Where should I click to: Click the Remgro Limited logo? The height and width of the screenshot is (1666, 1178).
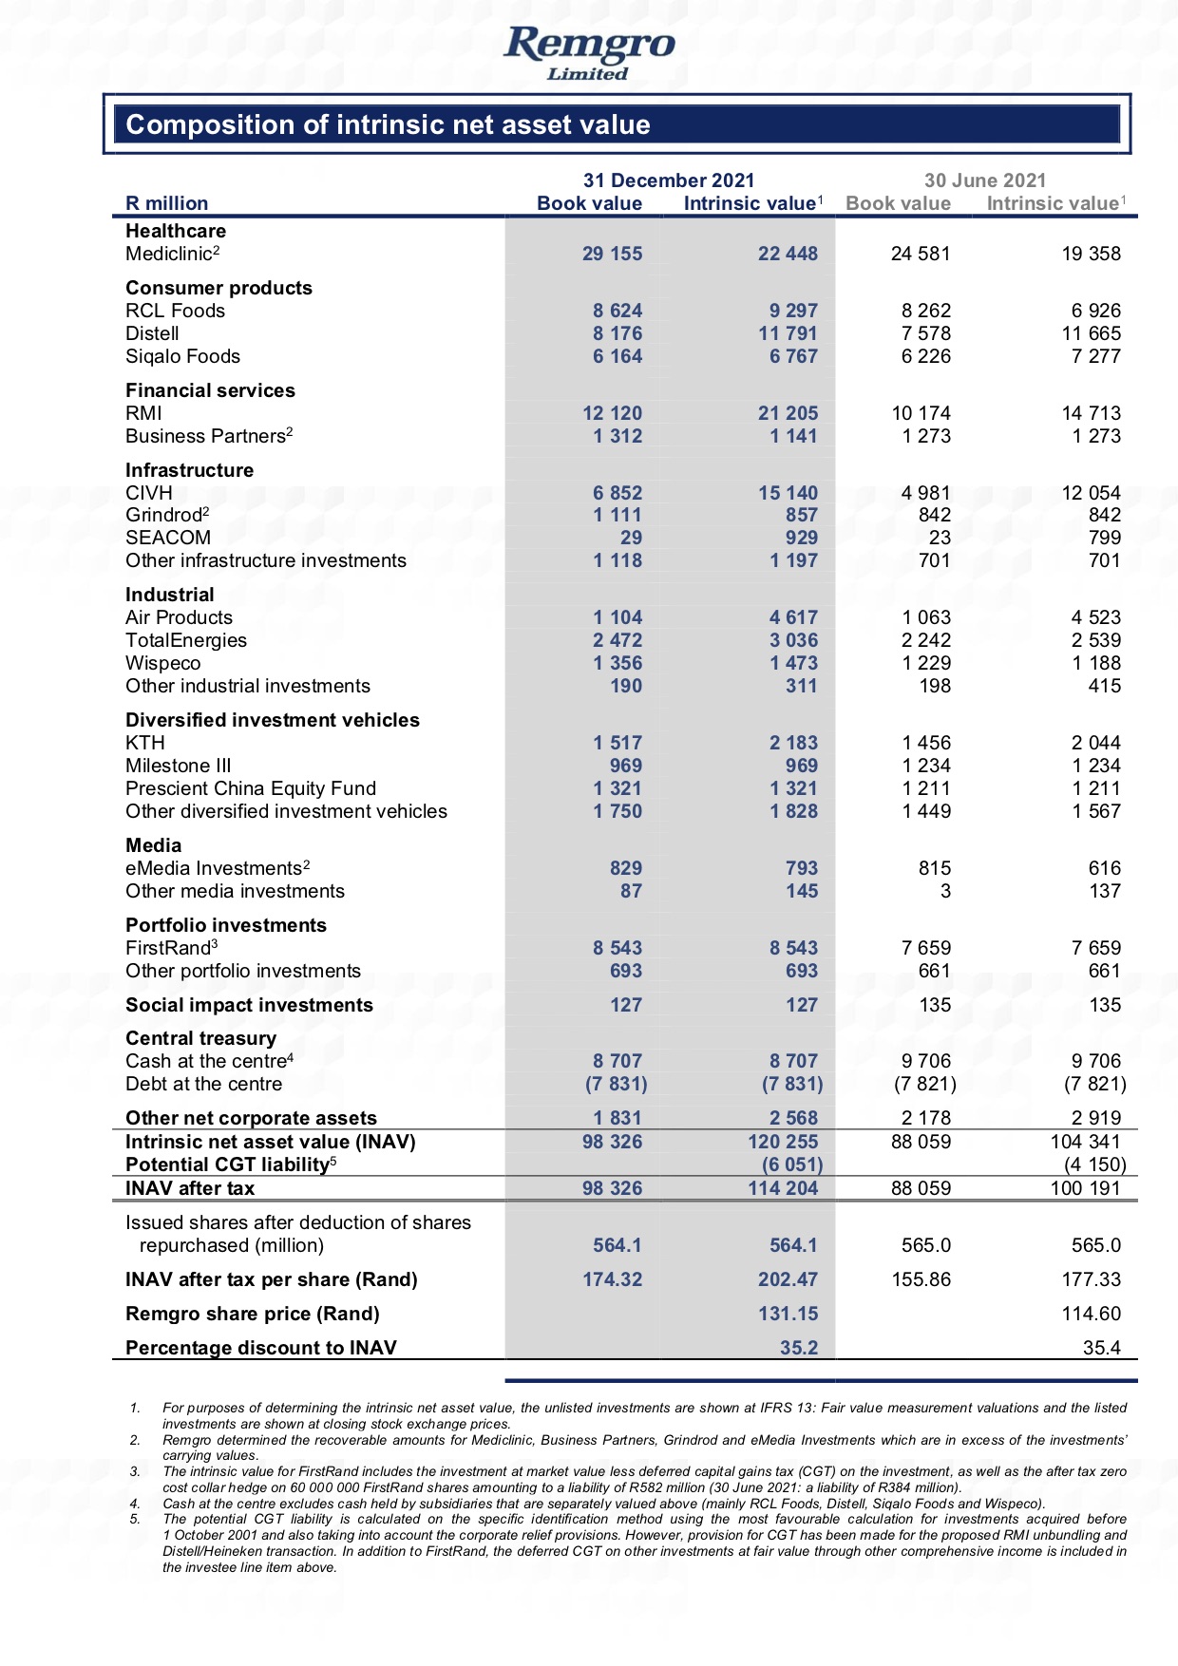click(589, 51)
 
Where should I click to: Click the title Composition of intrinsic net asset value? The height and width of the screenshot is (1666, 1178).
click(388, 124)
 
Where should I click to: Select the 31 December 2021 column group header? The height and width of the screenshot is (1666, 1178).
click(669, 180)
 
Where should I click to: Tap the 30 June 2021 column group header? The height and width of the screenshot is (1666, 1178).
click(985, 180)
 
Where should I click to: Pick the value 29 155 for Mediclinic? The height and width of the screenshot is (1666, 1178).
click(612, 254)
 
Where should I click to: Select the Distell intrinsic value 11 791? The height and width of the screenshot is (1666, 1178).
click(788, 333)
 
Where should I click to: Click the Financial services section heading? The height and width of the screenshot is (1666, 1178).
click(210, 390)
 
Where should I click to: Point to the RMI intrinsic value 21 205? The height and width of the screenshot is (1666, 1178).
click(788, 413)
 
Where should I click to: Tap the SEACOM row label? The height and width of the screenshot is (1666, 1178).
click(168, 538)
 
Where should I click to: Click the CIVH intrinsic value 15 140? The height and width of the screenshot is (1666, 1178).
click(788, 493)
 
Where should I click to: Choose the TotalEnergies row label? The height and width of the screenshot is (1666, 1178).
click(186, 640)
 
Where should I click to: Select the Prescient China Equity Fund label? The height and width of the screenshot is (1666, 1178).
click(251, 788)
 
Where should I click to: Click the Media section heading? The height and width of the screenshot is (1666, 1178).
click(153, 845)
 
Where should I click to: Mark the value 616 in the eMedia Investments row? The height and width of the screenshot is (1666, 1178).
click(1104, 868)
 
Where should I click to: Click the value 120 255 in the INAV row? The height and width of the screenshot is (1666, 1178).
click(783, 1142)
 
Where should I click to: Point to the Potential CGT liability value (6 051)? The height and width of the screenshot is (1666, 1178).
click(791, 1164)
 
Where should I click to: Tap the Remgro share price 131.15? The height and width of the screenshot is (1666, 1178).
click(788, 1314)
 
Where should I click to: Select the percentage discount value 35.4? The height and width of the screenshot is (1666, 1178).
click(1101, 1348)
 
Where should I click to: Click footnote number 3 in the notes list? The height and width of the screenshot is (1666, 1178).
click(136, 1471)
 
